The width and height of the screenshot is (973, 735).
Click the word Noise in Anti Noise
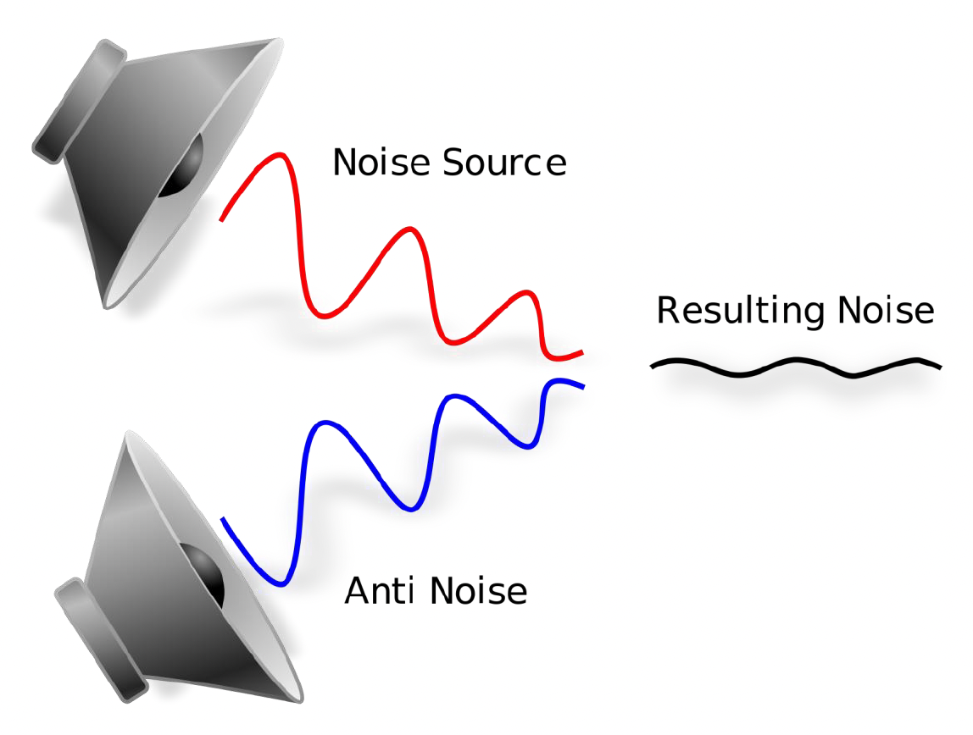tap(479, 590)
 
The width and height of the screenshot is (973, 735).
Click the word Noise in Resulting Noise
tap(886, 311)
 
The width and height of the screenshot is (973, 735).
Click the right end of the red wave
tap(581, 351)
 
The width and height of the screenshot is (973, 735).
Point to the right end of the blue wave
tap(582, 387)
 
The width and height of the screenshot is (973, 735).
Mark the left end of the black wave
tap(653, 365)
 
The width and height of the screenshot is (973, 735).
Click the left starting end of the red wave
tap(221, 219)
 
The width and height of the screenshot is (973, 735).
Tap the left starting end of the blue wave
tap(223, 519)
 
